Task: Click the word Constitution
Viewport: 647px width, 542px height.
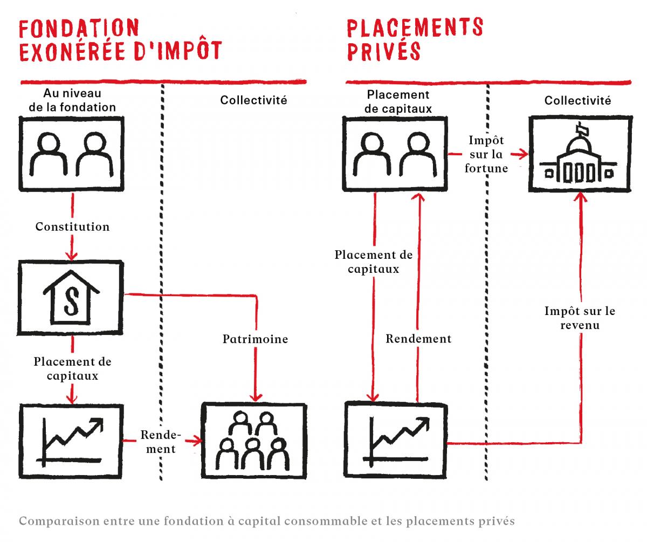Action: tap(72, 227)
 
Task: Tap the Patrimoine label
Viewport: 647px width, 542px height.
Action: tap(256, 339)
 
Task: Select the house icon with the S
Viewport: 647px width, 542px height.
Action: tap(71, 297)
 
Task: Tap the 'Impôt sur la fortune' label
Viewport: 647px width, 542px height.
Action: tap(486, 154)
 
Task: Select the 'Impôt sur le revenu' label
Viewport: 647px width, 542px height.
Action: tap(580, 318)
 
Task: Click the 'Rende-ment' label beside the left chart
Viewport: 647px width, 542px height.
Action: tap(161, 442)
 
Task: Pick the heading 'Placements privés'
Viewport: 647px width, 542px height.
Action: tap(415, 39)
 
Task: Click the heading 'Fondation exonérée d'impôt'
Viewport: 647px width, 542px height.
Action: tap(120, 40)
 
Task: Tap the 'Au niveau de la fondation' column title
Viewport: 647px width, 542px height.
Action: tap(72, 100)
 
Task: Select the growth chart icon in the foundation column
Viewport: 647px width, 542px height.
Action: tap(70, 442)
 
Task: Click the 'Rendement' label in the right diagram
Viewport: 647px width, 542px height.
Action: tap(418, 338)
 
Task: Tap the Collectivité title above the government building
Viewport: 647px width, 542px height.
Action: tap(577, 100)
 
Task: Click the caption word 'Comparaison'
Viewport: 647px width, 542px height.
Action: tap(59, 521)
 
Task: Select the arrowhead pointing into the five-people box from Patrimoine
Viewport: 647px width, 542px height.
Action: tap(256, 397)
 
